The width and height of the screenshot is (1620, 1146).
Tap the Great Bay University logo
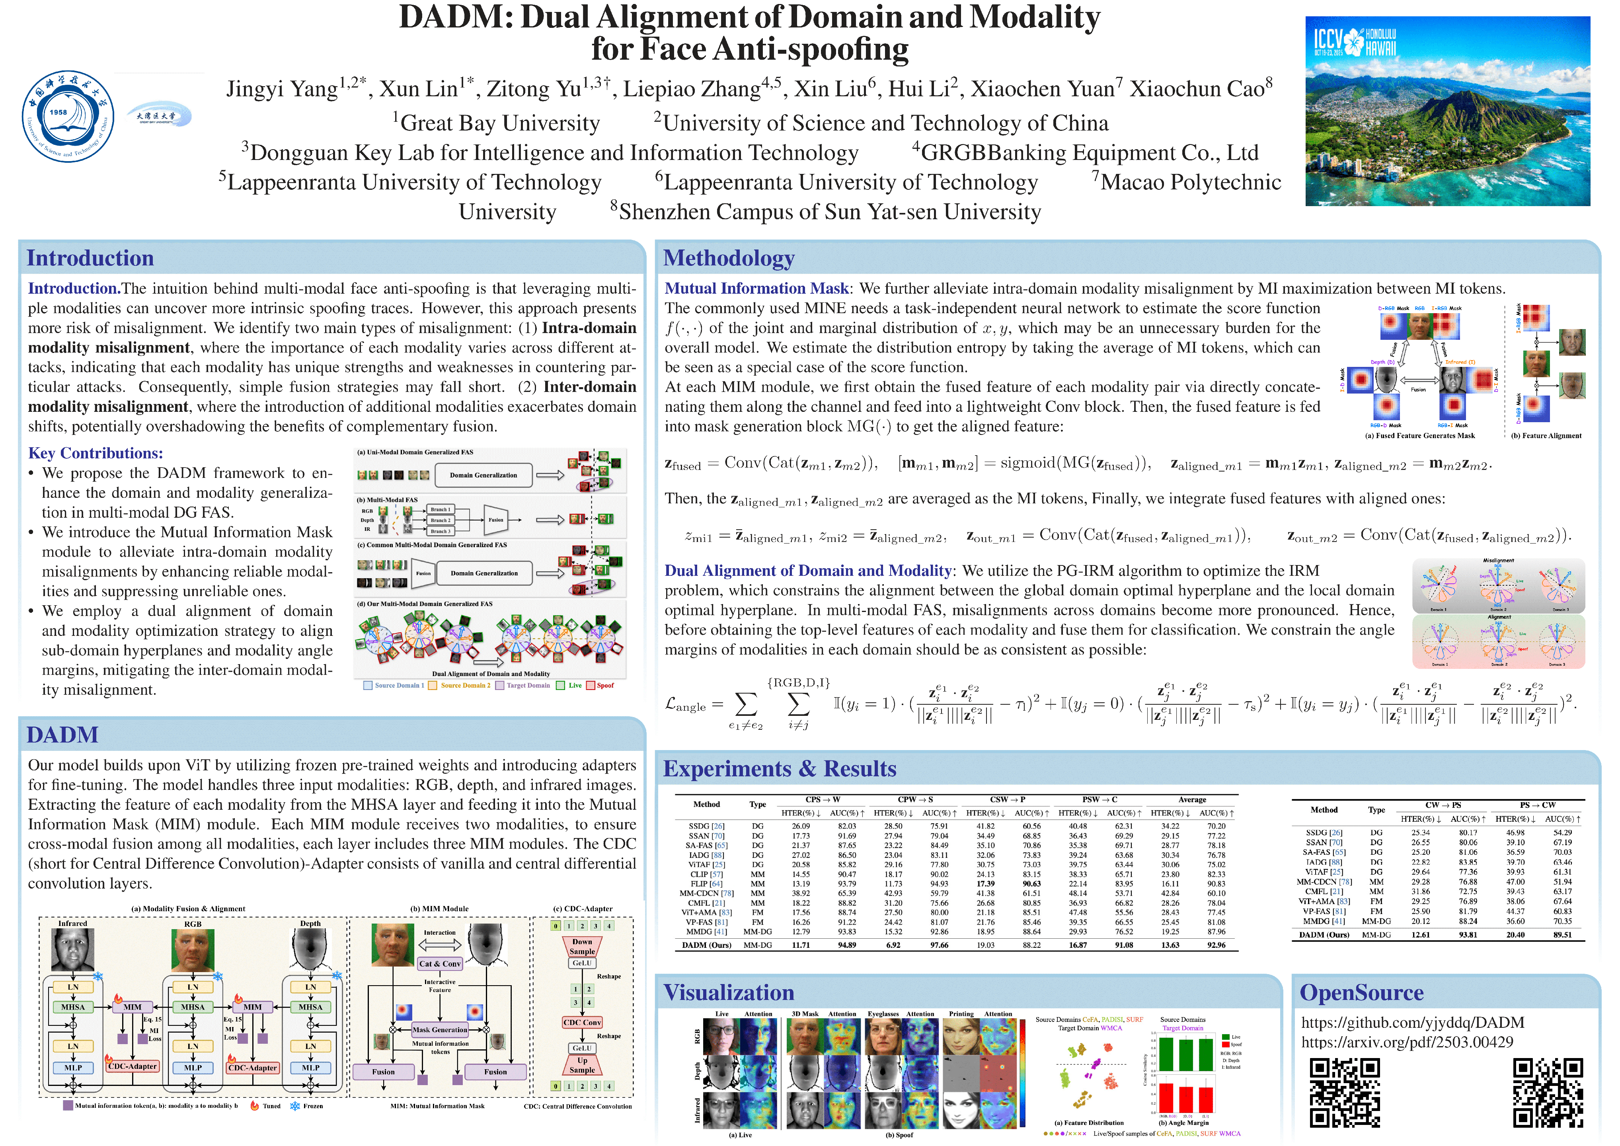tap(159, 114)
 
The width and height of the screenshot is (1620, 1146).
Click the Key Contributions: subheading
tap(95, 453)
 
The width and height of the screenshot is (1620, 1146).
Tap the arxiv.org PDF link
tap(1407, 1042)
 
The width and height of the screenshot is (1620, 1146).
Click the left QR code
tap(1344, 1092)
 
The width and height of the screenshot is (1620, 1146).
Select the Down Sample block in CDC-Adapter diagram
tap(582, 946)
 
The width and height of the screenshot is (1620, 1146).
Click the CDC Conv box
tap(582, 1023)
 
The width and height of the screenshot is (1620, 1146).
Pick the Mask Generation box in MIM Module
tap(440, 1029)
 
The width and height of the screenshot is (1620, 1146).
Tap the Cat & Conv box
tap(440, 963)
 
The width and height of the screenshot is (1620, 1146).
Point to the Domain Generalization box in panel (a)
tap(483, 475)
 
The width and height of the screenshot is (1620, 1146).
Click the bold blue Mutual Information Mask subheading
tap(756, 288)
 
